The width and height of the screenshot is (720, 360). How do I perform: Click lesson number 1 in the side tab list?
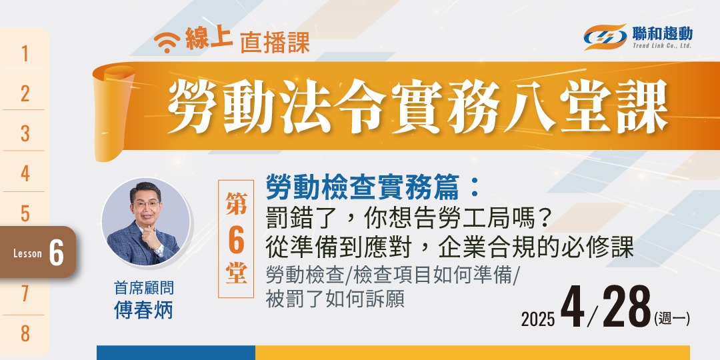25,53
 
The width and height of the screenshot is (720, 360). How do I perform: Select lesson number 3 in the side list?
25,133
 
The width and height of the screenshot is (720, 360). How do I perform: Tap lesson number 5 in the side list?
25,213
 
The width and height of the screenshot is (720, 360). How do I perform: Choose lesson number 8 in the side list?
25,333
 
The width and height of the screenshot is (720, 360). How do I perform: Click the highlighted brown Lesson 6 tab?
38,253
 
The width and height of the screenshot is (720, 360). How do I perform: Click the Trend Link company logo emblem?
605,37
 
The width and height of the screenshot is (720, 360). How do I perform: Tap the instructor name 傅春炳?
143,310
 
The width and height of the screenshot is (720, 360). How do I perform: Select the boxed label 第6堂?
236,239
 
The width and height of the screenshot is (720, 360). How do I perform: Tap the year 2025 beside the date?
537,319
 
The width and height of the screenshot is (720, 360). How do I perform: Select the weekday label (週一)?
672,318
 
